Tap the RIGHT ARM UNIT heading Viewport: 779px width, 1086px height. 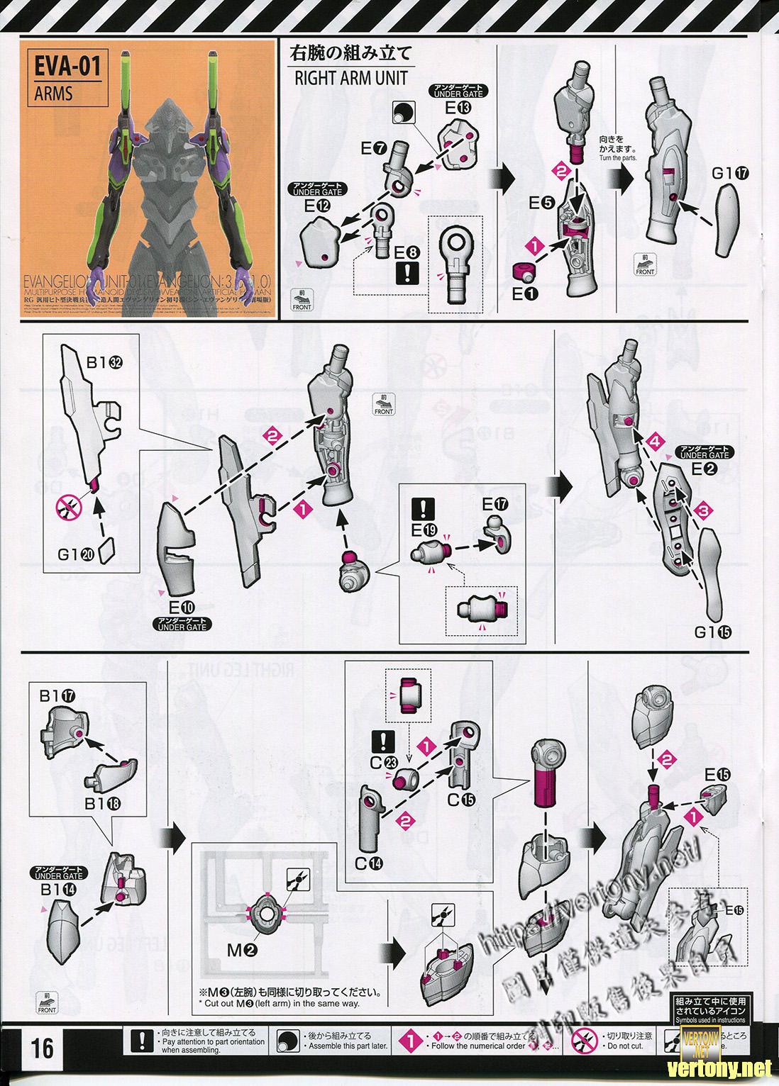[x=350, y=77]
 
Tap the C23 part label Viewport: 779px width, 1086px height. [x=384, y=763]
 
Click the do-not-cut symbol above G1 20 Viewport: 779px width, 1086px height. [x=68, y=506]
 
